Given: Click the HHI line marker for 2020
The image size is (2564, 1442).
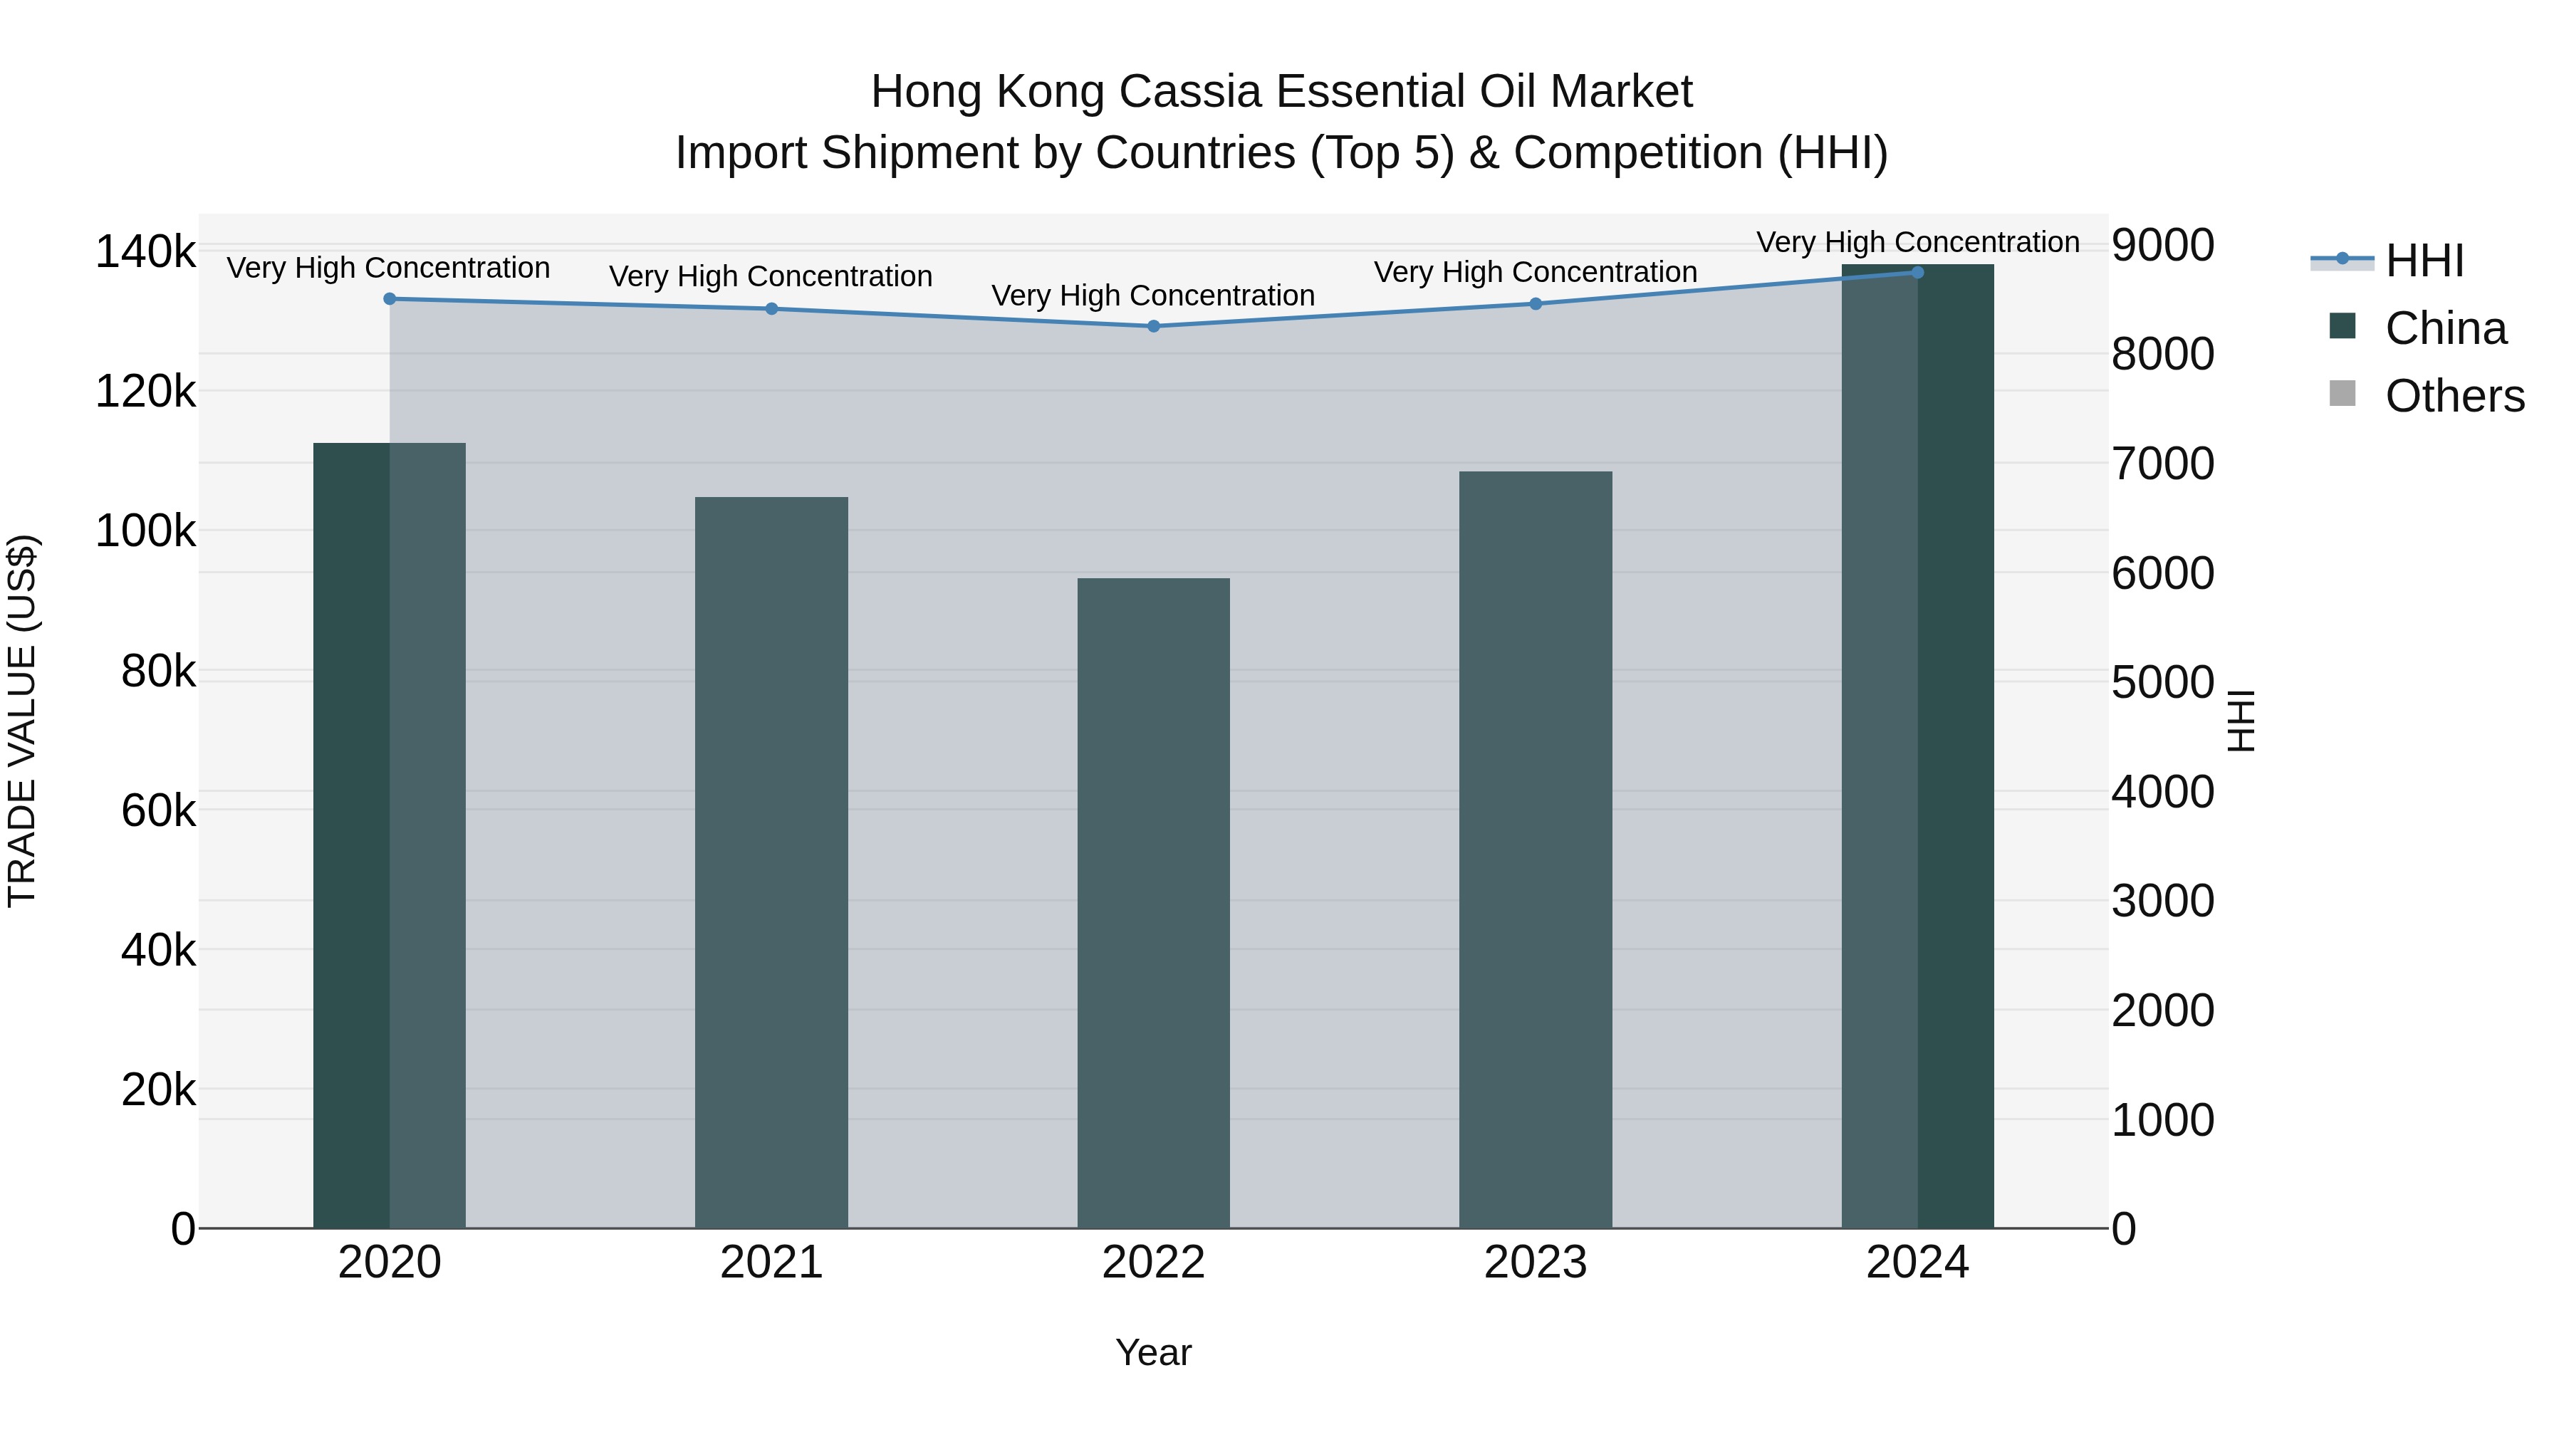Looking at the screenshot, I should tap(389, 298).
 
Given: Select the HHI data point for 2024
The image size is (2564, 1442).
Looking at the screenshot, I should tap(1917, 273).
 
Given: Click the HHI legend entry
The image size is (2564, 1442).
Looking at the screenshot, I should tap(2423, 261).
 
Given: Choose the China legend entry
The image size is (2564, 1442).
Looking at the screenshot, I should tap(2444, 328).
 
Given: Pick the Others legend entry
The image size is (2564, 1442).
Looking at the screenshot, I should tap(2454, 396).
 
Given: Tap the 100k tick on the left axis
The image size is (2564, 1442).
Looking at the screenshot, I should tap(145, 531).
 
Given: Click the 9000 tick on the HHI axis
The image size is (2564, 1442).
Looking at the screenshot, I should tap(2162, 245).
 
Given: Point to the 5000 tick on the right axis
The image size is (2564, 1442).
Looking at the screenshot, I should tap(2162, 683).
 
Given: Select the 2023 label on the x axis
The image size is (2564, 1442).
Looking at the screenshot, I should tap(1535, 1263).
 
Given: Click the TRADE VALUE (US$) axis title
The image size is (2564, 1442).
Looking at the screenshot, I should tap(22, 721).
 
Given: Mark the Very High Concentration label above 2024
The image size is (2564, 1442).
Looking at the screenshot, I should tap(1917, 242).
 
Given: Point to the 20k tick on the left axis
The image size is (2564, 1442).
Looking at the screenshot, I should tap(157, 1091).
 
